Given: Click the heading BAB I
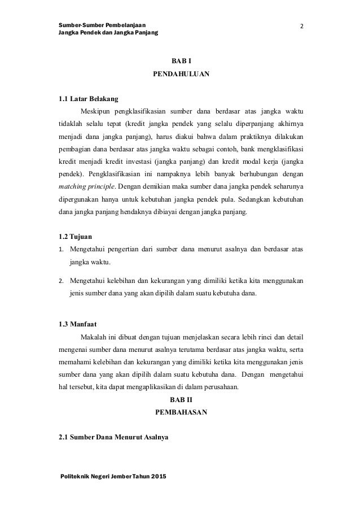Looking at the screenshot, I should tap(181, 61).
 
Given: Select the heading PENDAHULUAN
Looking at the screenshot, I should tap(181, 74).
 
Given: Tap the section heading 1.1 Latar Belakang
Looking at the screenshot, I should tap(86, 99).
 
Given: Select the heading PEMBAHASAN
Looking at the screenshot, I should tap(181, 413).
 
